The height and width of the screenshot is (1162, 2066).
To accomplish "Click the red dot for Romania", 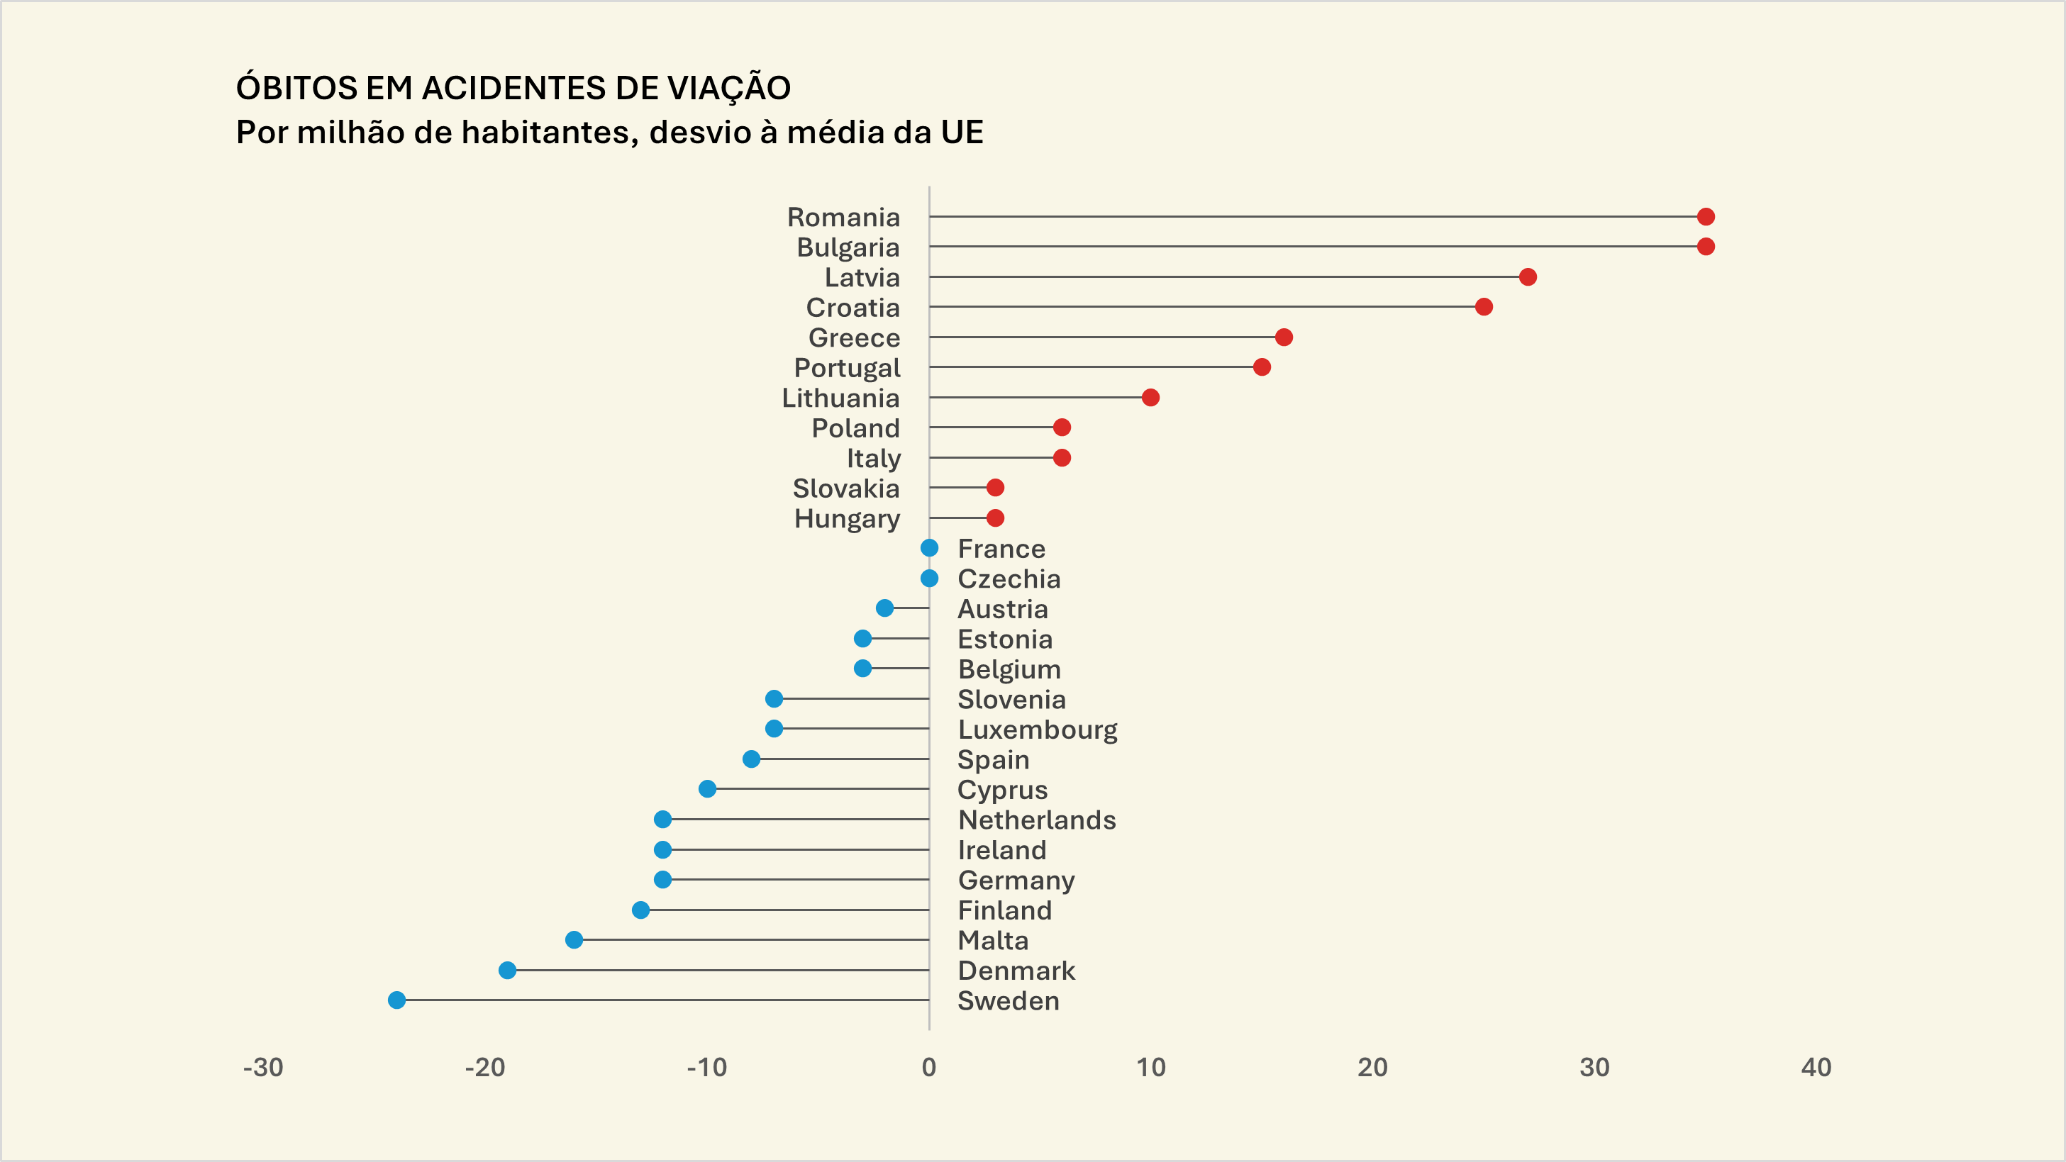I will [1705, 216].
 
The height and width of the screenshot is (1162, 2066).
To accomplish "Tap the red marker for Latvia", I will [1527, 276].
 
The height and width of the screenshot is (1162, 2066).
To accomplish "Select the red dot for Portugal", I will [1262, 367].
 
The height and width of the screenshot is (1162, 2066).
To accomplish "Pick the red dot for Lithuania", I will [1150, 398].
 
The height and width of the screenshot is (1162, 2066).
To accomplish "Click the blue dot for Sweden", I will [396, 1000].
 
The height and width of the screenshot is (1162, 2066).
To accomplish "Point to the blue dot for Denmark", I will [507, 971].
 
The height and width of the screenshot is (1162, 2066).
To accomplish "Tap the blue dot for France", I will [928, 549].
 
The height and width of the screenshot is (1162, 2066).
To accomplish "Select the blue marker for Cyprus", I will [706, 789].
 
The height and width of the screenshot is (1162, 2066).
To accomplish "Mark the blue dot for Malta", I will [574, 940].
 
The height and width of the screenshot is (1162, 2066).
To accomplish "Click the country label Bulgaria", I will [848, 248].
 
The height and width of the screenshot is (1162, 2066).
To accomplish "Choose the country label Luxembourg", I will [1037, 730].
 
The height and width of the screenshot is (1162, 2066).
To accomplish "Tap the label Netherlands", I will [1036, 820].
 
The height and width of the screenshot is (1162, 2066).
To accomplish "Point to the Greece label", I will [853, 337].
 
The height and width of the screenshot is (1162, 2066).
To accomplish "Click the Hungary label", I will [847, 519].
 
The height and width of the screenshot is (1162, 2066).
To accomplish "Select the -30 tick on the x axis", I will [263, 1068].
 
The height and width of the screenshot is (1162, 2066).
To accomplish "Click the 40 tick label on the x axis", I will [1816, 1068].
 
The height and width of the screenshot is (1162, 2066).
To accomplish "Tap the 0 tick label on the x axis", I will [928, 1068].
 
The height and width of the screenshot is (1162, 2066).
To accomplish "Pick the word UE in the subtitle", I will [962, 133].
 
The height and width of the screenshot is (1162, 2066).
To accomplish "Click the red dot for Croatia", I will [1483, 307].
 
